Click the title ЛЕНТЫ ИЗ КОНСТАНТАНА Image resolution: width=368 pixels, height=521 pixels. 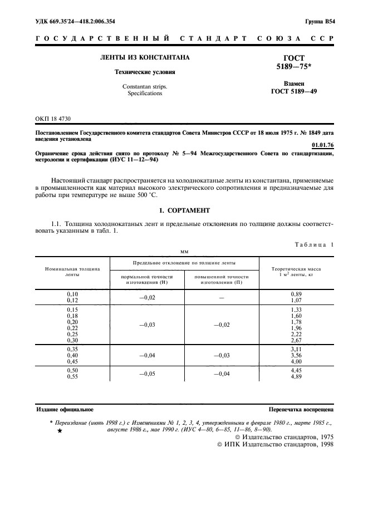[x=144, y=57]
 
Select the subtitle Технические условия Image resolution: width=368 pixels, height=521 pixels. [x=144, y=72]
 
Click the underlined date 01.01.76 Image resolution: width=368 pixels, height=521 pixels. [x=323, y=146]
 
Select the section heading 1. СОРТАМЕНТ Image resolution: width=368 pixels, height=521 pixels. [x=184, y=211]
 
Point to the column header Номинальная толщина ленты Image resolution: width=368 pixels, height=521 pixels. [x=72, y=272]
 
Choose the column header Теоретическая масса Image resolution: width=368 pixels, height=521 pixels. [x=296, y=268]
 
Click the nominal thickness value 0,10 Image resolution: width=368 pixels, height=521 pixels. [x=72, y=293]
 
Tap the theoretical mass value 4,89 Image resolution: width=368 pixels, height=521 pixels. [x=296, y=377]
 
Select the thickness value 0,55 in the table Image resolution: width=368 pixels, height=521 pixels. [x=72, y=377]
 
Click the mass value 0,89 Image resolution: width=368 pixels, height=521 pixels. [x=296, y=293]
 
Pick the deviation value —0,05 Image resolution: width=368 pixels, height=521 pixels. [x=146, y=374]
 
